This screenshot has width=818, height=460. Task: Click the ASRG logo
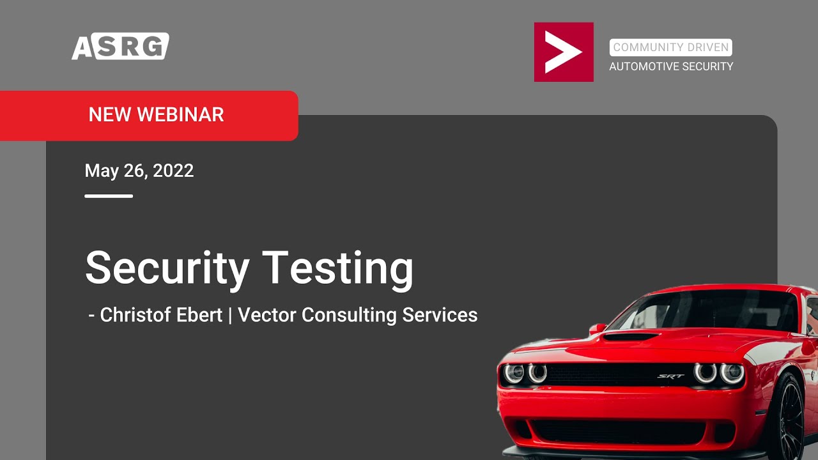(121, 46)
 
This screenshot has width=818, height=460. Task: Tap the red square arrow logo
(564, 52)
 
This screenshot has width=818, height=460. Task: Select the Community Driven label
(670, 47)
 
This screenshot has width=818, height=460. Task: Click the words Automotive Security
(671, 66)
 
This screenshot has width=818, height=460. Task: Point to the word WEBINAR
(180, 114)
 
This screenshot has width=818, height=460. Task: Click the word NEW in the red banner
(109, 114)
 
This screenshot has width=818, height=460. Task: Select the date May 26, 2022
(139, 171)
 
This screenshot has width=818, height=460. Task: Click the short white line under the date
(109, 196)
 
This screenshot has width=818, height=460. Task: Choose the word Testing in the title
(338, 270)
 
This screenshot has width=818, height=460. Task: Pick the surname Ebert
(199, 315)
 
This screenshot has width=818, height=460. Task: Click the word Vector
(266, 315)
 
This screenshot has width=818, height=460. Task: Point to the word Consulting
(349, 316)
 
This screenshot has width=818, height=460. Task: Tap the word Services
(440, 315)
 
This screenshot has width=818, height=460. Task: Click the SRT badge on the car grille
(670, 376)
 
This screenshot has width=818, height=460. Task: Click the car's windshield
(703, 310)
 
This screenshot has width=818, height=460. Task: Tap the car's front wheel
(791, 416)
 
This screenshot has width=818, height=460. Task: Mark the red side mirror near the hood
(598, 328)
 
